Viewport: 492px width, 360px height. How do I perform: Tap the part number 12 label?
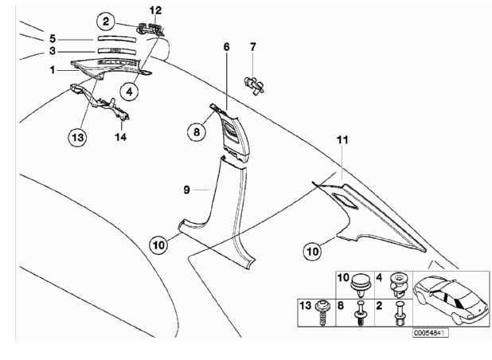click(x=155, y=10)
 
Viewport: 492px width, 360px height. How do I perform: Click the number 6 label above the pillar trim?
click(x=226, y=47)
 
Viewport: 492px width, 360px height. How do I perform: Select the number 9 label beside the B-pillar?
click(x=185, y=190)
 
